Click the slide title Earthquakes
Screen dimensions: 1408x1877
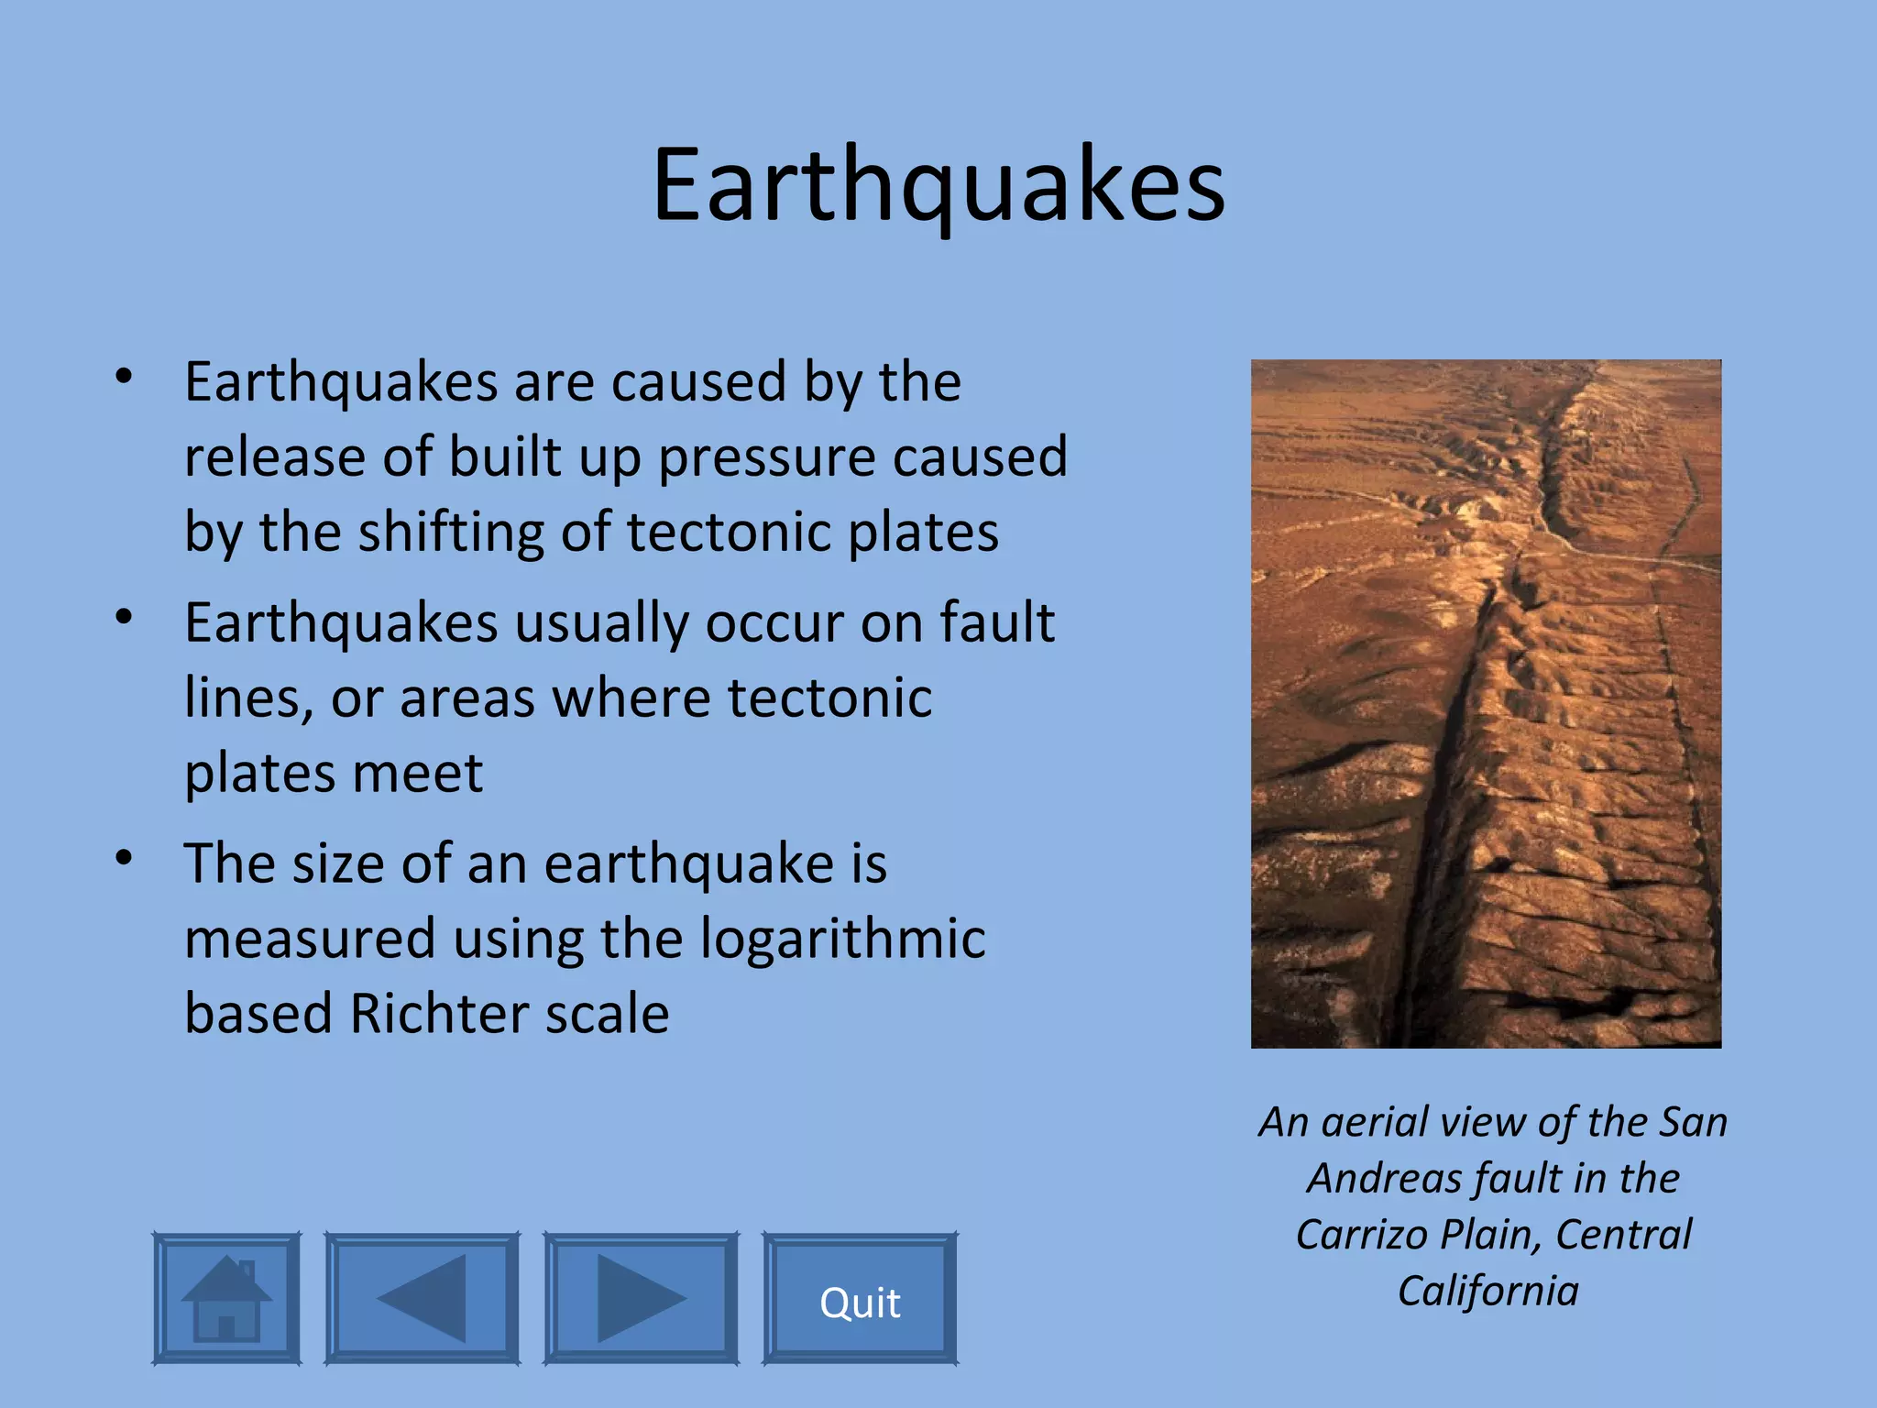[x=938, y=186]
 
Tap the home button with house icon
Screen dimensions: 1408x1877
[x=226, y=1299]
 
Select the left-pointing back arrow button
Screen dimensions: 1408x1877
[x=422, y=1299]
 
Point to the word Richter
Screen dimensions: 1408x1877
[x=439, y=1014]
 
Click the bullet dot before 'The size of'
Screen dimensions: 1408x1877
[x=125, y=858]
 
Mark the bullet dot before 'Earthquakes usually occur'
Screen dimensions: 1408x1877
[x=125, y=616]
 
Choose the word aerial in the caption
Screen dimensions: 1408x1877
[x=1375, y=1123]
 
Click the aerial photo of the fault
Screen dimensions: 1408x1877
[x=1486, y=703]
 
